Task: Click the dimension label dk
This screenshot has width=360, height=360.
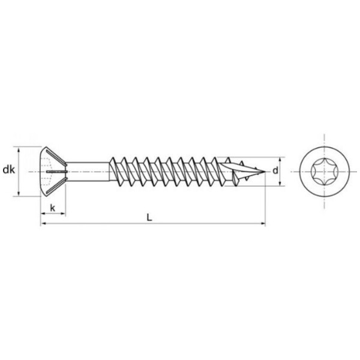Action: click(x=9, y=170)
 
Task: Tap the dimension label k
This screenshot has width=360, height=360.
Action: click(x=53, y=208)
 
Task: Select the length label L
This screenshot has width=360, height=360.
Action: click(x=149, y=217)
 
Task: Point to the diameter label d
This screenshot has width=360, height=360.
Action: click(x=275, y=170)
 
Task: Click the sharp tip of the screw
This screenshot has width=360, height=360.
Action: click(x=265, y=172)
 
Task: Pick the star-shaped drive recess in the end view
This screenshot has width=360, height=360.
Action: click(x=324, y=172)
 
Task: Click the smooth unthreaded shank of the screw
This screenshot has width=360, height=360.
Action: click(x=88, y=172)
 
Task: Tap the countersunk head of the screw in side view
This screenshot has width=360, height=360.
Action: click(x=53, y=172)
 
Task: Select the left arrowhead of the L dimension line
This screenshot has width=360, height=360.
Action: click(x=44, y=223)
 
